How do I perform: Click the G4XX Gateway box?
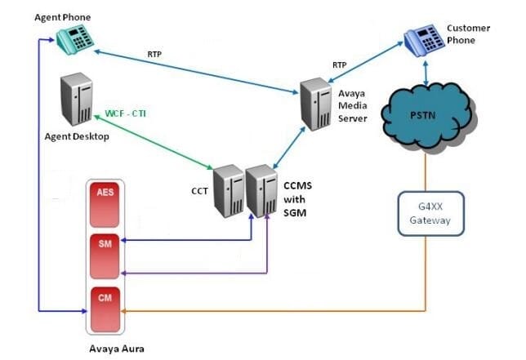click(x=430, y=214)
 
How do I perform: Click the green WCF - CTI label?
click(x=131, y=113)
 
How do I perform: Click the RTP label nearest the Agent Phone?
click(x=154, y=56)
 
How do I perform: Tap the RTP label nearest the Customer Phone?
click(x=339, y=64)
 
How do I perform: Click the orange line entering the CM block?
click(x=270, y=311)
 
